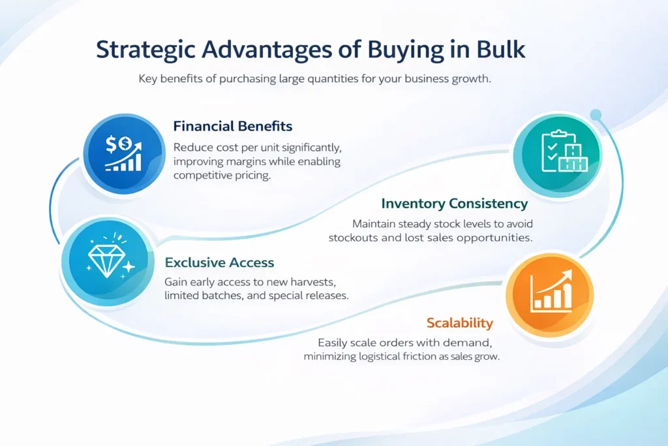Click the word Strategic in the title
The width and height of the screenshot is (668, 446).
point(145,50)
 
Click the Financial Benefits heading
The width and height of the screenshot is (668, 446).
point(233,126)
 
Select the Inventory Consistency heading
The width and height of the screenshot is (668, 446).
point(455,204)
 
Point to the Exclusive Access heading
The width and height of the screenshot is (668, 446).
point(219,263)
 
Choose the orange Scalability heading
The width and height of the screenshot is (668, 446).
point(460,323)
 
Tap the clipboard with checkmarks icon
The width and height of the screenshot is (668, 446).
point(553,151)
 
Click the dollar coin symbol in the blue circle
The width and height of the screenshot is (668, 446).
point(125,144)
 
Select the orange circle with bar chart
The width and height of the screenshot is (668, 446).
point(549,295)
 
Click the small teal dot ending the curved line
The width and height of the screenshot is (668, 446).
point(596,115)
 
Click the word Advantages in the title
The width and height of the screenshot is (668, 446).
point(267,50)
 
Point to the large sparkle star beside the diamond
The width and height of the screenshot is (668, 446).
point(129,267)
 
